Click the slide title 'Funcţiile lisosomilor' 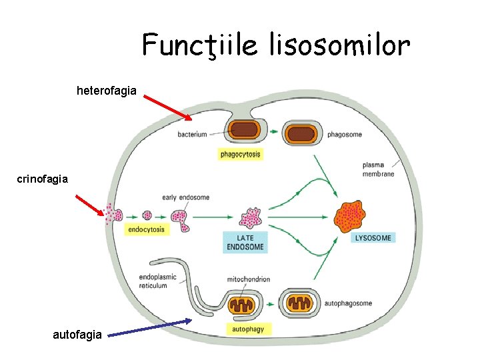tap(276, 45)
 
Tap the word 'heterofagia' tap(107, 90)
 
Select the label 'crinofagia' tap(43, 179)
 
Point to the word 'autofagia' tap(77, 333)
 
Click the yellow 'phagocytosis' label tap(240, 154)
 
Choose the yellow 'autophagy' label tap(247, 329)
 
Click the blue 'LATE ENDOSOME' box tap(245, 242)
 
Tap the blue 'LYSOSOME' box tap(373, 237)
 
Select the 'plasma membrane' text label tap(378, 169)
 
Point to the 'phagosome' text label tap(345, 135)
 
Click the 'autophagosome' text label tap(348, 303)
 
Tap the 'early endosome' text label tap(185, 197)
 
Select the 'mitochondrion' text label tap(249, 279)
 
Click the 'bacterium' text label tap(192, 135)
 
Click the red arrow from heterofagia tap(167, 107)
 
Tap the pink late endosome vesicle tap(251, 217)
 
